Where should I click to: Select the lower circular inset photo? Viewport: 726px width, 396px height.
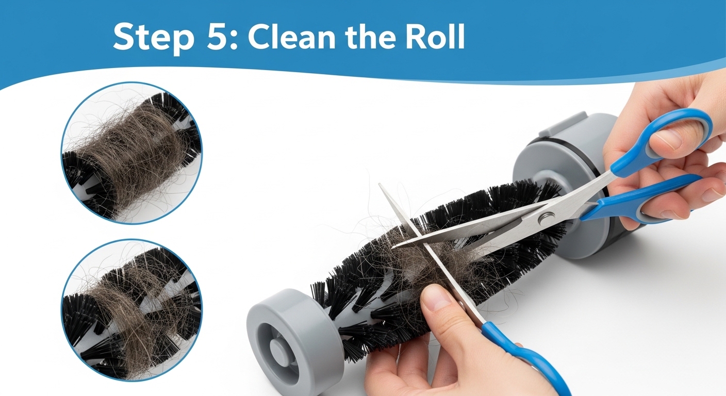(x=131, y=309)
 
